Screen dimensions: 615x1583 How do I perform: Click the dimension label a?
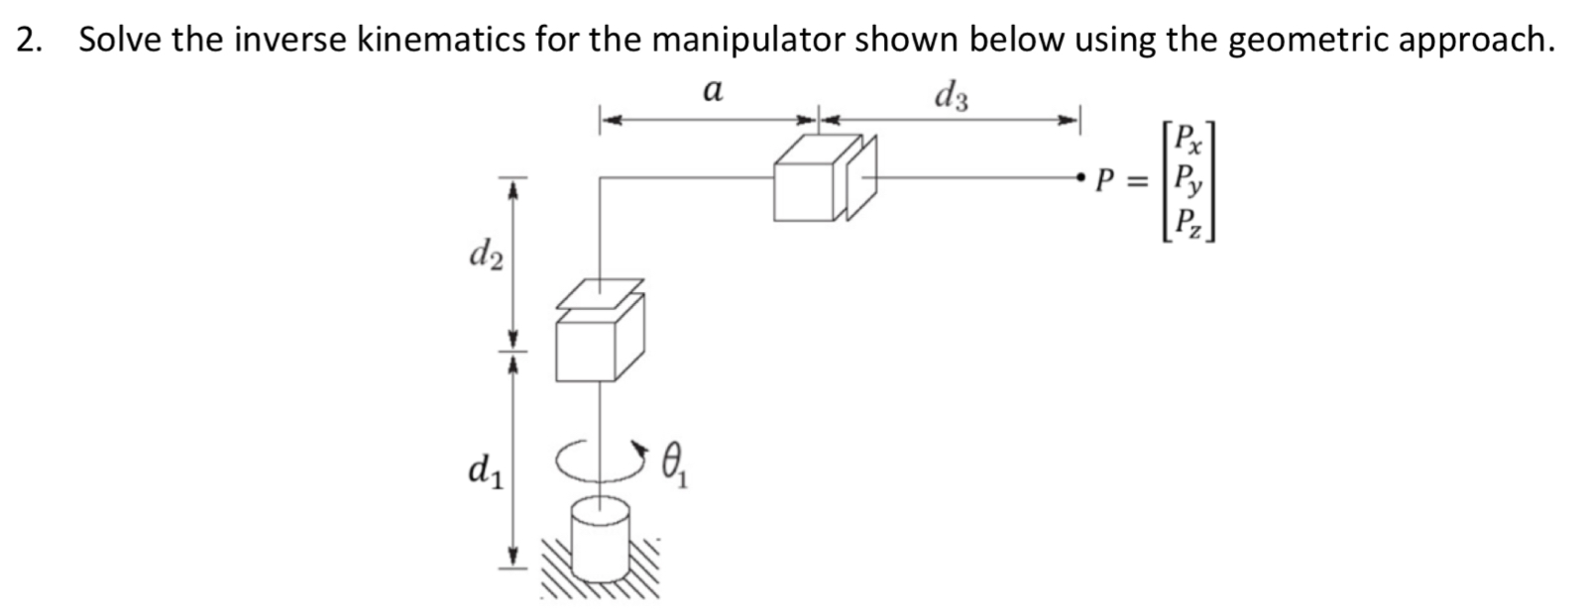712,91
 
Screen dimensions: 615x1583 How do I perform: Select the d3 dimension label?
953,96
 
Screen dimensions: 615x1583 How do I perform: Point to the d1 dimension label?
485,467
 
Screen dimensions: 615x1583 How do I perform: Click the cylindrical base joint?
600,539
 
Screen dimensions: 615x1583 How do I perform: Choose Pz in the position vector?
1185,224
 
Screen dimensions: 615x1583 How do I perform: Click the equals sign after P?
1141,181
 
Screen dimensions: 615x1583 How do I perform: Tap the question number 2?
28,40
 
